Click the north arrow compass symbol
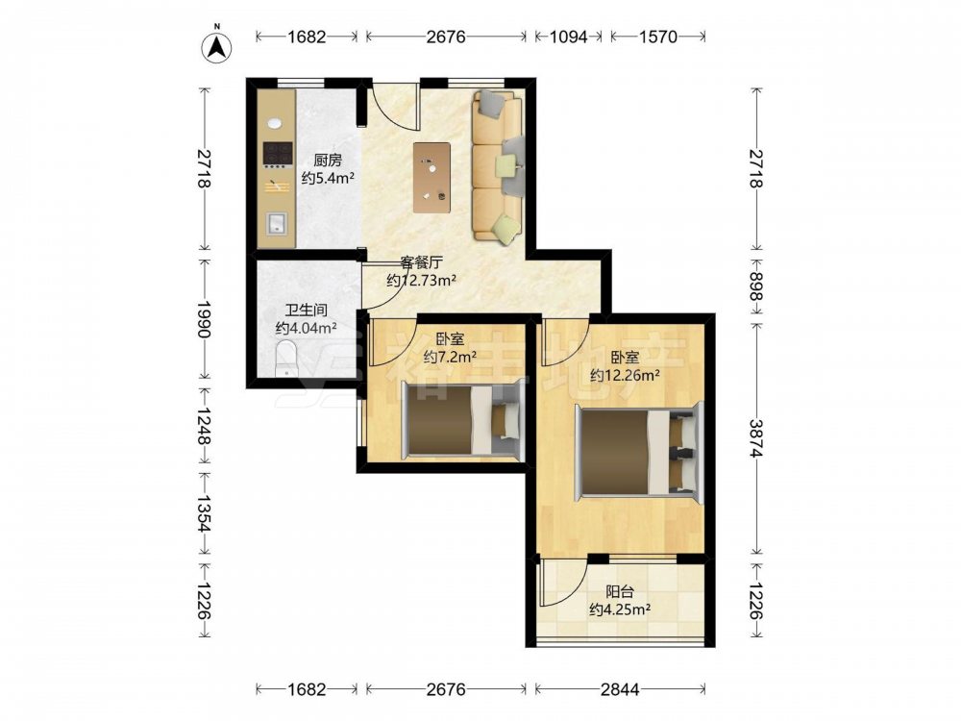coord(216,45)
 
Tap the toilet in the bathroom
coord(286,360)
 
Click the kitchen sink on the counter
coord(277,224)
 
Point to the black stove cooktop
coord(277,154)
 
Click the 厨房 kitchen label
coord(328,161)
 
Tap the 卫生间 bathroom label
coord(306,311)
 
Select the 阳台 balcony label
coord(620,591)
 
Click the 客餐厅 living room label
coord(421,263)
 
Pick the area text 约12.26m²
coord(625,375)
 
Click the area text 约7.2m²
coord(451,357)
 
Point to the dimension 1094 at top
coord(568,37)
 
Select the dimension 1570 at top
coord(658,37)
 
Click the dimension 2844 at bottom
coord(620,689)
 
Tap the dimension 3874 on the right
coord(756,438)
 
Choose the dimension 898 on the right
coord(756,286)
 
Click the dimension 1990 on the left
coord(204,319)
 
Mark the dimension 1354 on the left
coord(204,514)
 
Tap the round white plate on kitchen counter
coord(274,123)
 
